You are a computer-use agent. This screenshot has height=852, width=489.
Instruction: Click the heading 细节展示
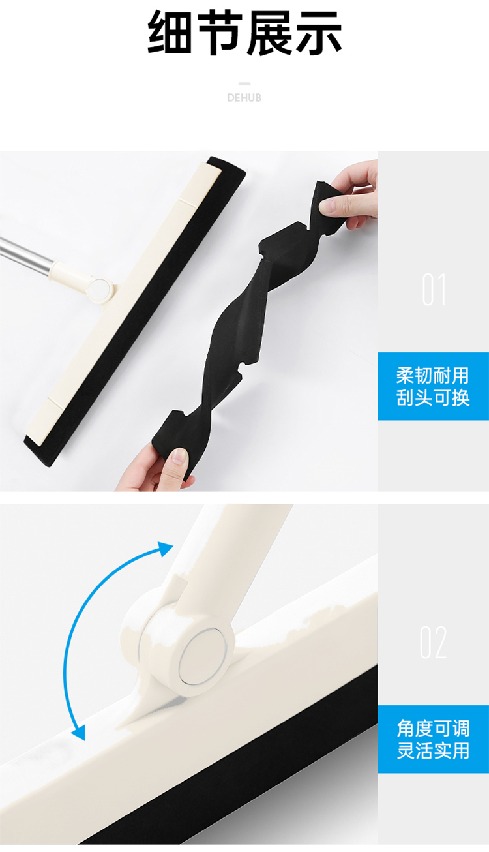tap(244, 33)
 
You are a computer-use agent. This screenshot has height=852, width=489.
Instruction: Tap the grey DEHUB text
tap(244, 98)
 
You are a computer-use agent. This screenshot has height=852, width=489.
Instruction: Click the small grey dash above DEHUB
tap(244, 84)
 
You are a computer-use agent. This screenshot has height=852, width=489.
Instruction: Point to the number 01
tap(434, 289)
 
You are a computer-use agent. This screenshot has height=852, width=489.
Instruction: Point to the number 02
tap(433, 643)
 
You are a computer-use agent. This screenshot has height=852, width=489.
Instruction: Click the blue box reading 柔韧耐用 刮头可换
tap(433, 386)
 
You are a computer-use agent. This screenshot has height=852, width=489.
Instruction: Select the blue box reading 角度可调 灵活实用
tap(433, 739)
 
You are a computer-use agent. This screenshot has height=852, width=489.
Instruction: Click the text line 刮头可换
tap(433, 398)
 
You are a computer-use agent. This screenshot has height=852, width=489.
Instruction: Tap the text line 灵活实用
tap(433, 751)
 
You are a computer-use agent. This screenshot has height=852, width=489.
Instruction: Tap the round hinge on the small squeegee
tap(100, 288)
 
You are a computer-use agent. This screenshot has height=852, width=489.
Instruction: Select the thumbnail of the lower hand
tap(179, 455)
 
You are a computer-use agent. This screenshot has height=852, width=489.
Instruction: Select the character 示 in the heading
tap(318, 33)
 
